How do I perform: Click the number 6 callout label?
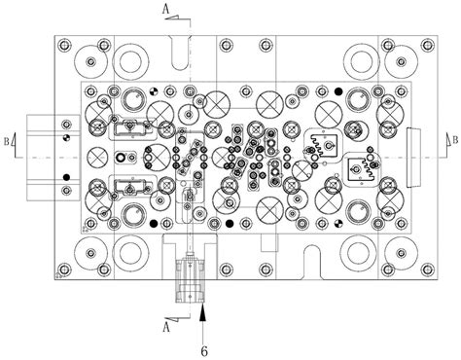point(204,351)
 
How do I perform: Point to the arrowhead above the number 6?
point(203,313)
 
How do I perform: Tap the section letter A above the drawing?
point(165,10)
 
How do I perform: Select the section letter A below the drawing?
point(166,327)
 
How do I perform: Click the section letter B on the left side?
point(7,142)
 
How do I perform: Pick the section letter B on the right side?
point(455,140)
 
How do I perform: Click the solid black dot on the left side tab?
point(66,177)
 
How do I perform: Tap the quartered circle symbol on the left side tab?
point(66,137)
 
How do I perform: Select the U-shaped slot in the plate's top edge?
point(180,53)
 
